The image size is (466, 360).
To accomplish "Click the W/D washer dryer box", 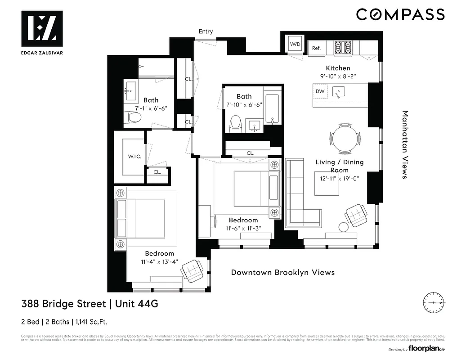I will tap(295, 44).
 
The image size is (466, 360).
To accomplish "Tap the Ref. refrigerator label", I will tap(316, 48).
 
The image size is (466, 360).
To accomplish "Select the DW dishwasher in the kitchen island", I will tap(320, 91).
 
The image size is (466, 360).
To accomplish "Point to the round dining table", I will tap(345, 138).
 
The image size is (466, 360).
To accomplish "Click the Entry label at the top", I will tap(206, 31).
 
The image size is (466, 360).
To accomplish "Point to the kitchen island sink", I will tap(339, 92).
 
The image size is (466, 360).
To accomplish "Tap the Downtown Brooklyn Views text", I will tap(282, 272).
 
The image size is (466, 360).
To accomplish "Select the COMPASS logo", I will tap(400, 14).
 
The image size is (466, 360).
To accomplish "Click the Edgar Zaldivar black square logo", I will tap(42, 28).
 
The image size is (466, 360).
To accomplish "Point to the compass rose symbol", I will tap(434, 303).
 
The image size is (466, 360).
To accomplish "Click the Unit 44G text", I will tap(137, 304).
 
